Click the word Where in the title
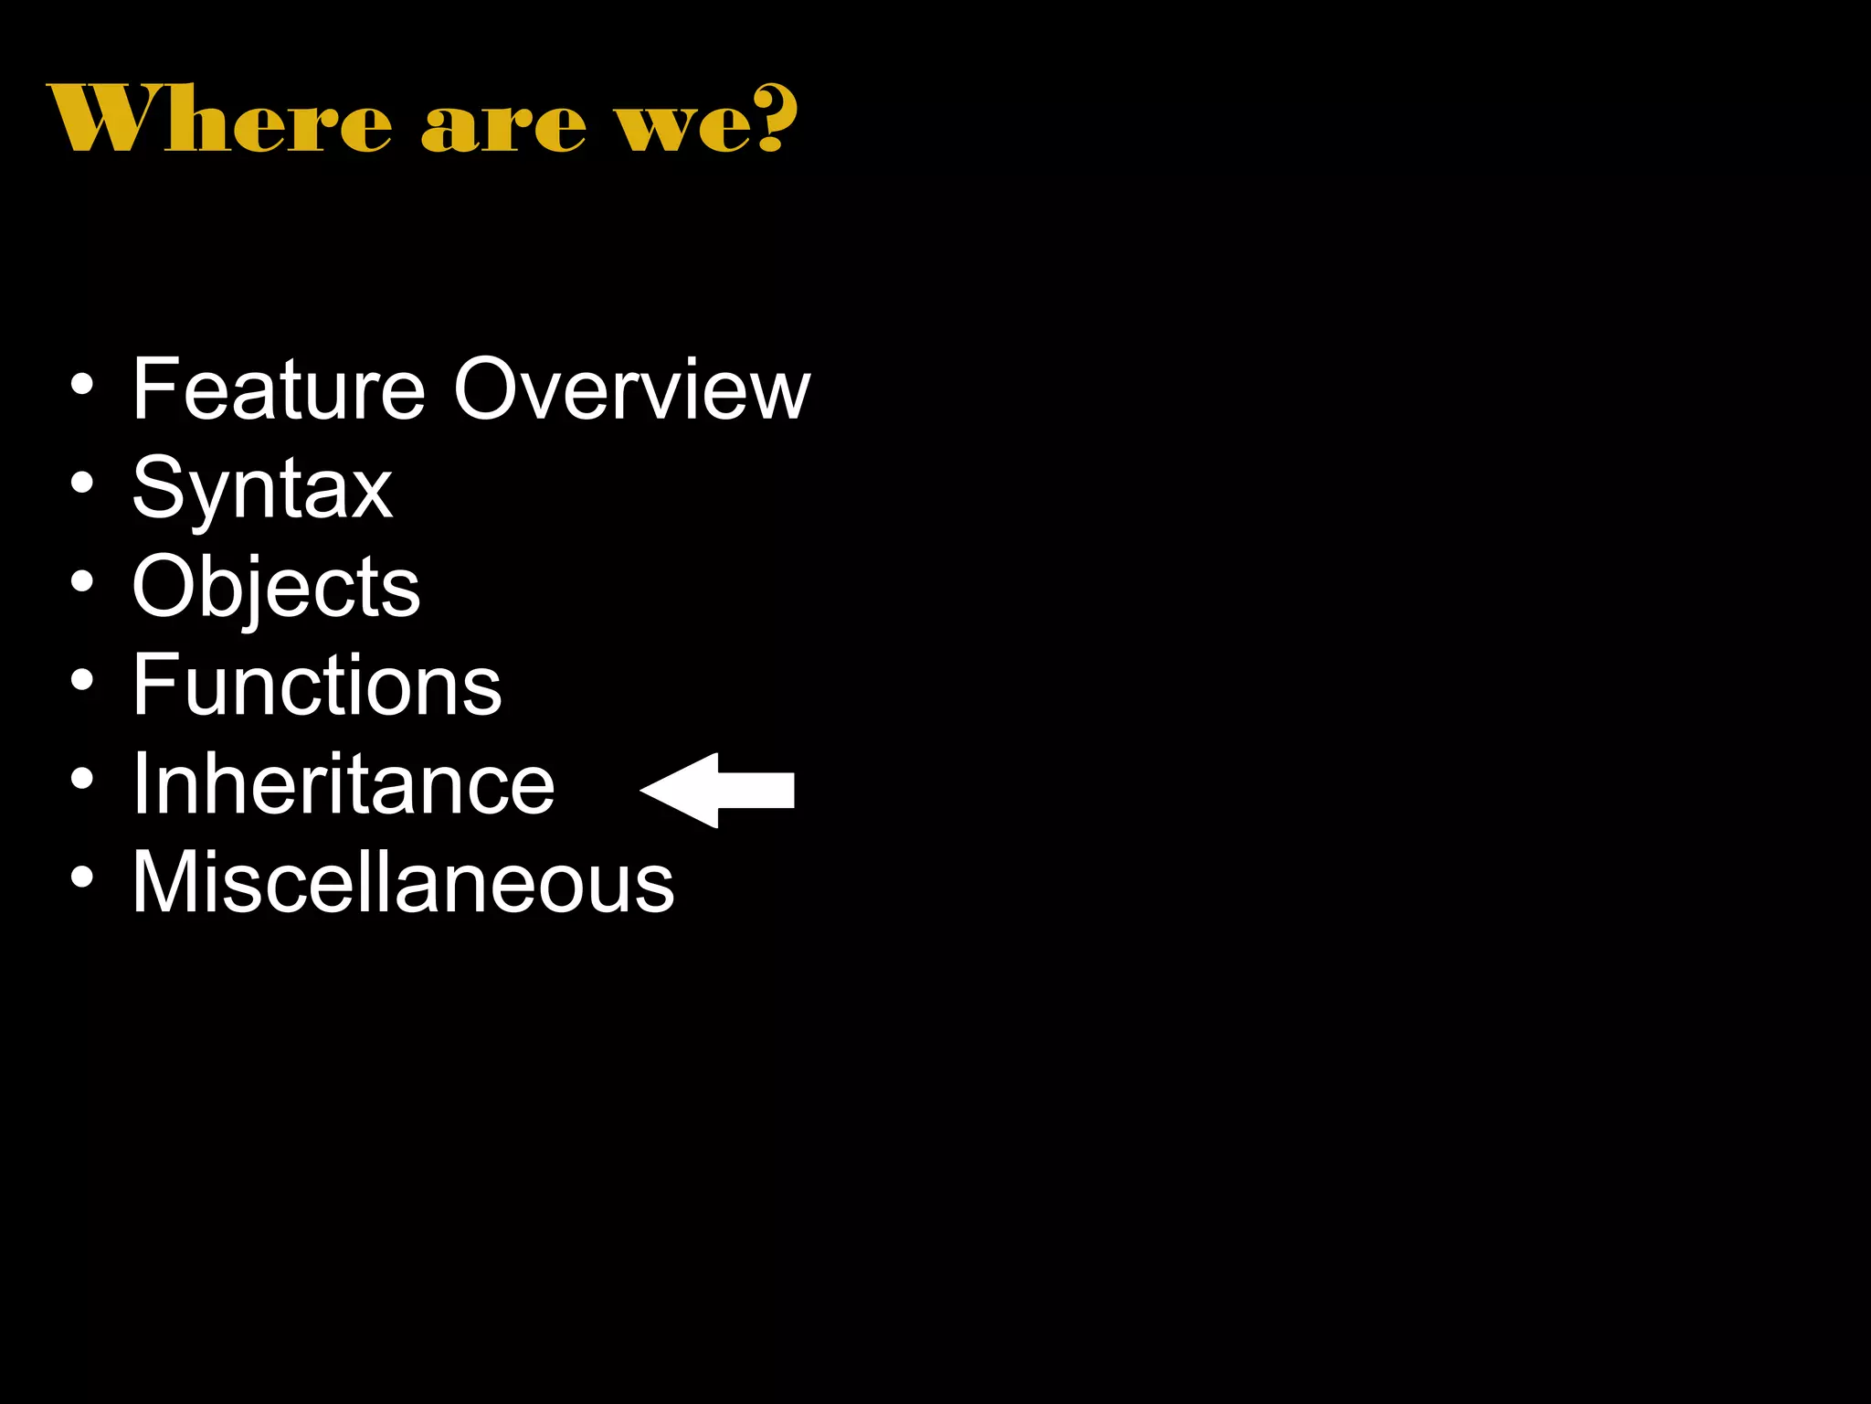coord(219,119)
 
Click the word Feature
coord(279,389)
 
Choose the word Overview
coord(631,389)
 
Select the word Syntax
coord(262,489)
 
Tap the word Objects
coord(276,587)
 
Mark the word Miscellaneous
coord(403,882)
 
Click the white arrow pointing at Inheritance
coord(718,790)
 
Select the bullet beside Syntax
coord(82,484)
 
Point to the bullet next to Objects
coord(82,582)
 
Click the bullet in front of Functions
coord(82,680)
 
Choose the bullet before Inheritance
coord(82,779)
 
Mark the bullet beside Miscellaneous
coord(82,877)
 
